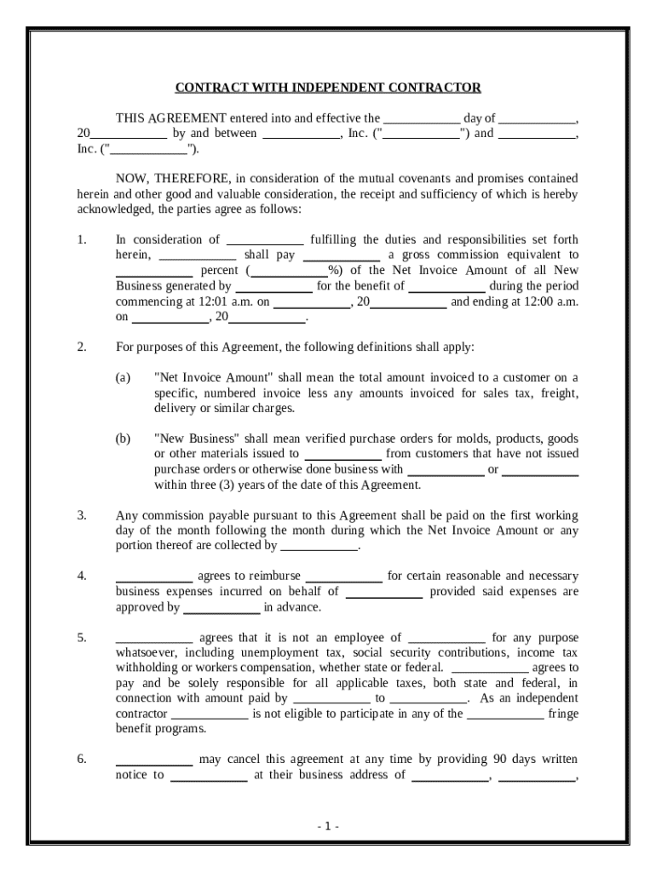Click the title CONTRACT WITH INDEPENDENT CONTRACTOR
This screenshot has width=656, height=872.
(x=328, y=88)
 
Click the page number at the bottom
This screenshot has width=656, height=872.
(x=328, y=826)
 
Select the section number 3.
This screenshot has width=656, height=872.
(x=82, y=515)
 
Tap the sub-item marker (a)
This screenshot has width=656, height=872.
(x=124, y=377)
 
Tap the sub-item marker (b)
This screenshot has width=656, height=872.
(x=124, y=439)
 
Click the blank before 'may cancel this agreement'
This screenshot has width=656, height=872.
(x=154, y=759)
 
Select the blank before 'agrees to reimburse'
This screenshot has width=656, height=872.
(x=154, y=576)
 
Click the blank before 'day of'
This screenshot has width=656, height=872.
(x=421, y=118)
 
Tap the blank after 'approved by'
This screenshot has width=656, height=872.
(x=222, y=607)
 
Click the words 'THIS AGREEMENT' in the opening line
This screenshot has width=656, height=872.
(x=171, y=118)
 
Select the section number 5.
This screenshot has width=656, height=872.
(x=82, y=638)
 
